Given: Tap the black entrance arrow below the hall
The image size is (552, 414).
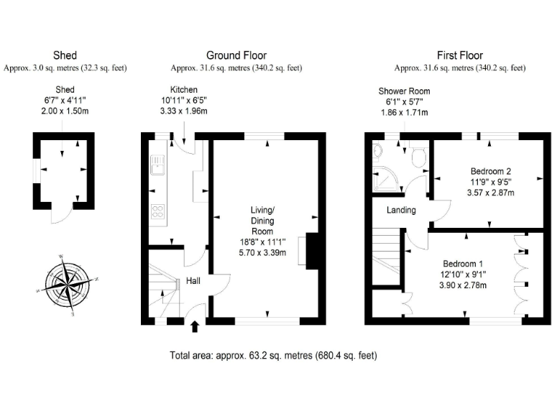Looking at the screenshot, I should point(194,328).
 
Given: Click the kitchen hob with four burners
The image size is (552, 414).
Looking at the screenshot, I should point(157,211).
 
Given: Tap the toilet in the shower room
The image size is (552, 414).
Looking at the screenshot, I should point(420,155).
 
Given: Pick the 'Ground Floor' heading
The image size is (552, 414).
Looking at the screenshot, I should point(236,55).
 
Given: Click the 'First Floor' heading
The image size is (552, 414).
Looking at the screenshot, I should point(460,55).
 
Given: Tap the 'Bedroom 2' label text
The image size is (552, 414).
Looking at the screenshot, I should point(491,171).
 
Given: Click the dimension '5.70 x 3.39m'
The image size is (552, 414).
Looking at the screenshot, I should point(262,252).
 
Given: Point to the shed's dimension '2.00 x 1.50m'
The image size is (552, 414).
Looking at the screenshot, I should point(65,111).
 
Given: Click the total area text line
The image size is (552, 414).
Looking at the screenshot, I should point(273,355).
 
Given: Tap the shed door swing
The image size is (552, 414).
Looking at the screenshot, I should point(60,214).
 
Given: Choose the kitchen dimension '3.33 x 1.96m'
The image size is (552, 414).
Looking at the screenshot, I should point(183,111).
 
